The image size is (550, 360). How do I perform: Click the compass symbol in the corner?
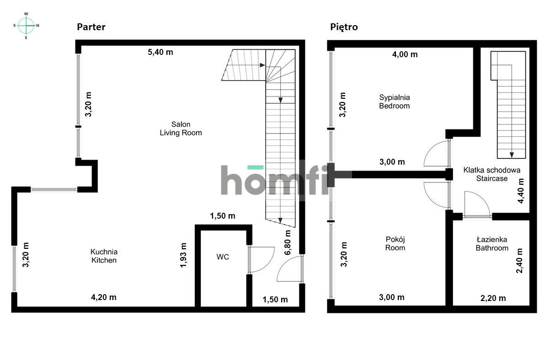coord(27,26)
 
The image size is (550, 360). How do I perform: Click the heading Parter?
coord(91,27)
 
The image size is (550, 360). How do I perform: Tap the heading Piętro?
coord(344,27)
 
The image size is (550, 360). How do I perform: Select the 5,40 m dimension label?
coord(160,52)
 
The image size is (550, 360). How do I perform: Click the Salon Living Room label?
coord(181,129)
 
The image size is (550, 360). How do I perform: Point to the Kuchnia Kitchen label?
coord(104,256)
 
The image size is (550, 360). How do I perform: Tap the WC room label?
coord(223,257)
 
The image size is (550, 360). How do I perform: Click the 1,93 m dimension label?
coord(184,255)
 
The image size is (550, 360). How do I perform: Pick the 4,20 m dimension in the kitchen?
coord(104,297)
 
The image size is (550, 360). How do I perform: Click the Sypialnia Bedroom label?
coord(395,102)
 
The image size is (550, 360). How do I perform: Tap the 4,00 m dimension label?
coord(405,54)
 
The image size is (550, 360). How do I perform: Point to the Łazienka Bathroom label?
coord(491,244)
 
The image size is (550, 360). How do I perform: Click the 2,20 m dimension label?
coord(493,298)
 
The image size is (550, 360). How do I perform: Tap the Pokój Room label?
coord(395,243)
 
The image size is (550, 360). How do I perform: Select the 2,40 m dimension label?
coord(519,261)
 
